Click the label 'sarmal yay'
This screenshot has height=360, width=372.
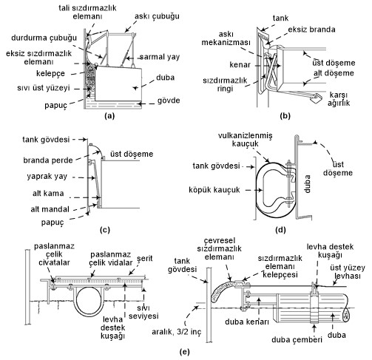coord(160,57)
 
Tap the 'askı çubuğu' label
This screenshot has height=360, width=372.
coord(157,16)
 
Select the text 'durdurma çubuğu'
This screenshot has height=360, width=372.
coord(44,38)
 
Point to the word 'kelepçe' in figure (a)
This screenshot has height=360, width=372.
coord(50,73)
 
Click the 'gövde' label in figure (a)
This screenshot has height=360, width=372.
coord(169,101)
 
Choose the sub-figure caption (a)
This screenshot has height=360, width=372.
coord(109,116)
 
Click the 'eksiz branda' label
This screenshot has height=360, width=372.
coord(311,30)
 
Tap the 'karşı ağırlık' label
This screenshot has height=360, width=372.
coord(339,99)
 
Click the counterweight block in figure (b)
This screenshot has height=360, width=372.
coord(317,98)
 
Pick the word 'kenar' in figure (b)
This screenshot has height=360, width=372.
coord(240,65)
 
